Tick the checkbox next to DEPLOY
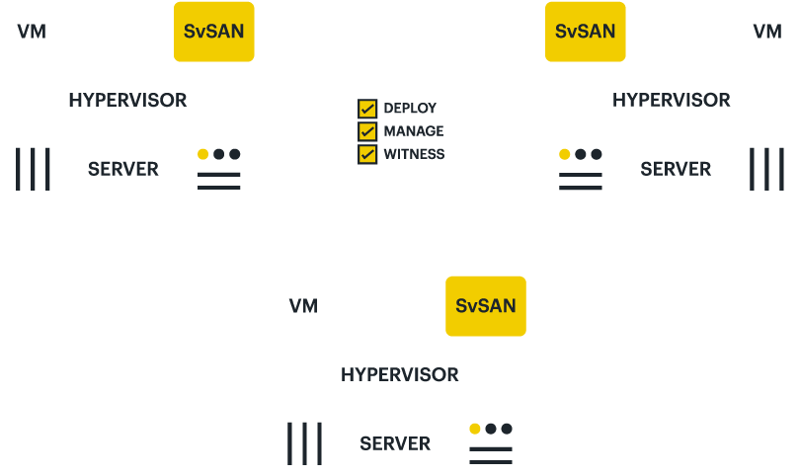click(367, 108)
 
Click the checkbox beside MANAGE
click(367, 130)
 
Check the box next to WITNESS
click(367, 154)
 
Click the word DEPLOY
click(410, 108)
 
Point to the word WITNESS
click(414, 154)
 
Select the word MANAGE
click(414, 130)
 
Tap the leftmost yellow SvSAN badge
click(213, 32)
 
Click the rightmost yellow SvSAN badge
click(585, 32)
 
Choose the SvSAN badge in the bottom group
click(486, 305)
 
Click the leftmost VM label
click(32, 32)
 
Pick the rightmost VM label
click(767, 32)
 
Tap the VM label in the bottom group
click(303, 306)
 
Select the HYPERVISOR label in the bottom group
click(400, 375)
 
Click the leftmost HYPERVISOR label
click(127, 100)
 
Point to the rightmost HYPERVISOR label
click(672, 100)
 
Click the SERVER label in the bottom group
click(395, 444)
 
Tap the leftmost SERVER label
click(123, 169)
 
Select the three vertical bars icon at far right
click(766, 169)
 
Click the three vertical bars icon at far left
click(33, 169)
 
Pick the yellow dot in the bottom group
click(475, 429)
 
